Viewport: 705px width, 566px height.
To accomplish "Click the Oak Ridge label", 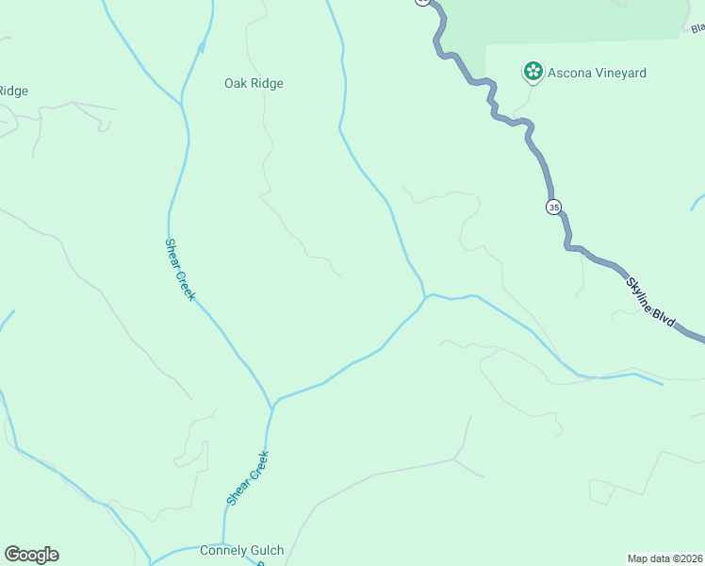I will coord(254,83).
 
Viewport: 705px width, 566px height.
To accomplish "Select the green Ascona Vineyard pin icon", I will coord(533,71).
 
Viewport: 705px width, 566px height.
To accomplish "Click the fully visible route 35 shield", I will coord(553,207).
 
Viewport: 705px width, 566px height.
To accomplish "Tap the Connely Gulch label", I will coord(241,550).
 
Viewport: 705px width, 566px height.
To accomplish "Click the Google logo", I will coord(31,555).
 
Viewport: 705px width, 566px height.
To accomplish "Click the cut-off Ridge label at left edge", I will coord(13,91).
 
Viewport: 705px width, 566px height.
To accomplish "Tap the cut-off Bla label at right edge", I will coord(697,28).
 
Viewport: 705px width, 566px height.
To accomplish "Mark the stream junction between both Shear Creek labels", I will coord(272,407).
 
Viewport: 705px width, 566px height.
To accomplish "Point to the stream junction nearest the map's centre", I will coord(426,297).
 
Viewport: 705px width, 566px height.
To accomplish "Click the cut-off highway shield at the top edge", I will coord(421,2).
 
